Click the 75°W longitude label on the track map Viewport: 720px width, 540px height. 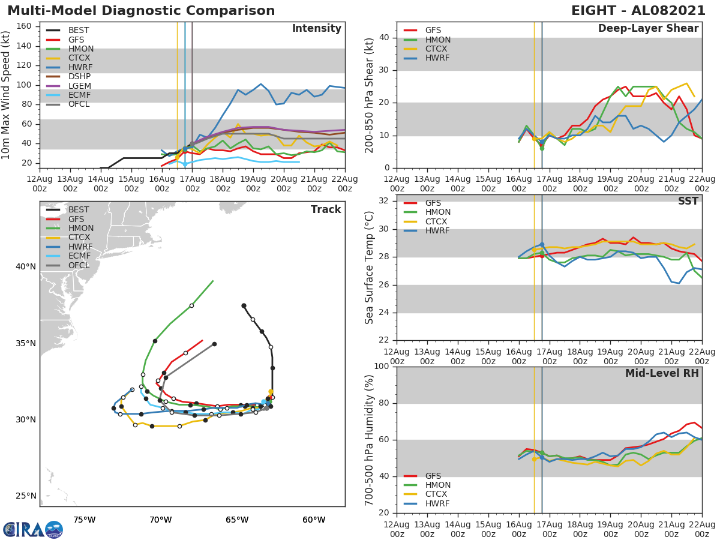click(x=85, y=520)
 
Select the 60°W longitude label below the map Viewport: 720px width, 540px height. click(x=314, y=520)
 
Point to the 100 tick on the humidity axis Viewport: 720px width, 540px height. click(x=380, y=367)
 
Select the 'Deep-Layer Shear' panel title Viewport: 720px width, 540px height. click(x=648, y=29)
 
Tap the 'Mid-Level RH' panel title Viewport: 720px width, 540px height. click(x=662, y=374)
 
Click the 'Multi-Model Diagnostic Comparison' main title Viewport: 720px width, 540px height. click(x=141, y=11)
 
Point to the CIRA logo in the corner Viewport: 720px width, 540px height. click(x=33, y=529)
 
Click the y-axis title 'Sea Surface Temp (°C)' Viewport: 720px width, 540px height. click(x=370, y=268)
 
